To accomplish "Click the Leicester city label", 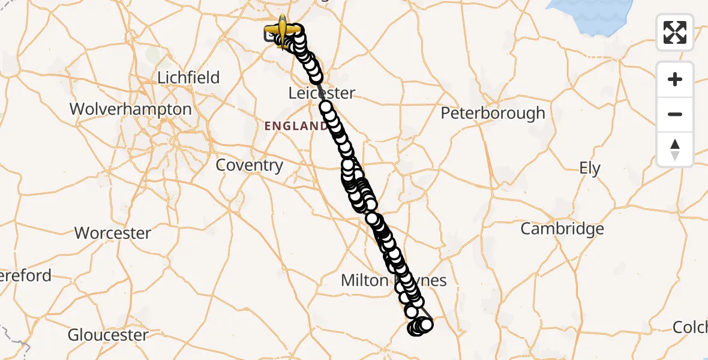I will pyautogui.click(x=322, y=93).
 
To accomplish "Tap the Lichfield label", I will pyautogui.click(x=188, y=77).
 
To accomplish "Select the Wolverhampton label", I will pyautogui.click(x=131, y=109).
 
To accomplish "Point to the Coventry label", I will pyautogui.click(x=249, y=165).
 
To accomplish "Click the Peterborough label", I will pyautogui.click(x=493, y=113).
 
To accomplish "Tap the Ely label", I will pyautogui.click(x=590, y=169).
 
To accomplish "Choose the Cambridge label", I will pyautogui.click(x=562, y=229).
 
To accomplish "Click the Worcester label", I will pyautogui.click(x=113, y=233).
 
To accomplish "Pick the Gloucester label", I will pyautogui.click(x=108, y=335).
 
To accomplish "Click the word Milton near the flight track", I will pyautogui.click(x=364, y=280).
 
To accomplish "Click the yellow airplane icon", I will pyautogui.click(x=283, y=29).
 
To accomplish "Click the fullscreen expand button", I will pyautogui.click(x=675, y=32).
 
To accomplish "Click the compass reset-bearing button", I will pyautogui.click(x=675, y=149).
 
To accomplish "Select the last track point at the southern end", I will pyautogui.click(x=427, y=325).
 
